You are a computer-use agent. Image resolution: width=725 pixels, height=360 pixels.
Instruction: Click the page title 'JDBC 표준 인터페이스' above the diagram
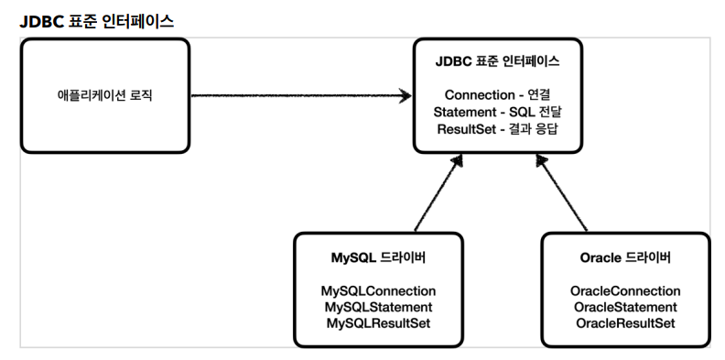pos(96,20)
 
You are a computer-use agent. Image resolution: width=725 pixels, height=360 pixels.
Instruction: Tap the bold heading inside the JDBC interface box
pos(497,62)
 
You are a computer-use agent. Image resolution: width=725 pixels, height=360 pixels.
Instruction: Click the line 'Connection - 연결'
pos(497,95)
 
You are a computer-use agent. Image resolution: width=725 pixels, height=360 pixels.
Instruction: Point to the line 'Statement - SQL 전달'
pos(497,112)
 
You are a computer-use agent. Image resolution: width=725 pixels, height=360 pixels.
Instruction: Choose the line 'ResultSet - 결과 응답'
pos(497,128)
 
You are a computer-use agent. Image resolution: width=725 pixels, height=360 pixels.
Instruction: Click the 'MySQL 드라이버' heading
pos(378,257)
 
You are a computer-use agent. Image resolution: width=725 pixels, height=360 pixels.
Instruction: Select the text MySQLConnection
pos(378,290)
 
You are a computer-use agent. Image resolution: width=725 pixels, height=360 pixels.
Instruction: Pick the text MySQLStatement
pos(378,307)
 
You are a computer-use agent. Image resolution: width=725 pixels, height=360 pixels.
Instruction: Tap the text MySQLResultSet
pos(378,323)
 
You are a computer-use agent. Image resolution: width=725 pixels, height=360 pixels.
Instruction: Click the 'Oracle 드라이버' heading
pos(625,257)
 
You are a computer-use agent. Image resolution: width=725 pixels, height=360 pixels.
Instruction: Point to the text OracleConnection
pos(625,290)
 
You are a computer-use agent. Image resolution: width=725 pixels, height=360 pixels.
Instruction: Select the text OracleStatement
pos(625,307)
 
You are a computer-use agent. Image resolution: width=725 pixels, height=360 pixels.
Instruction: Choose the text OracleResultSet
pos(625,323)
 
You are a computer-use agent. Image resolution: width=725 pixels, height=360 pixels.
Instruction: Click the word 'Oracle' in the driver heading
pos(601,257)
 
